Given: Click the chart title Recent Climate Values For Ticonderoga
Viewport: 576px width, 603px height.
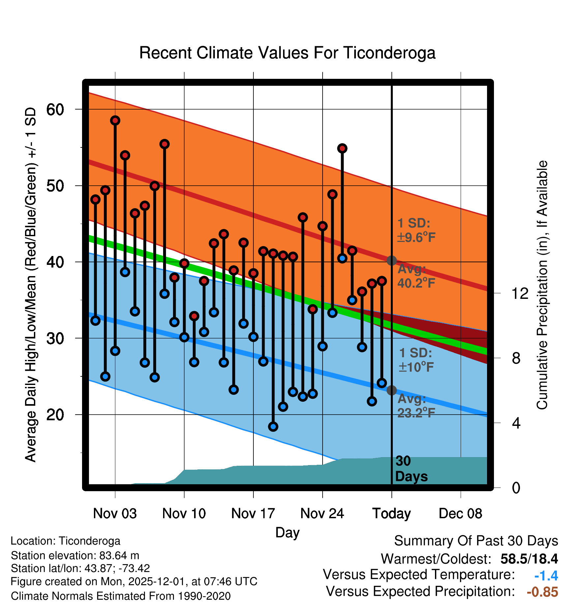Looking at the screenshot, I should pyautogui.click(x=287, y=53).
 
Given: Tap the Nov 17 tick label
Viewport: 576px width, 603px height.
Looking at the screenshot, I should pyautogui.click(x=253, y=513).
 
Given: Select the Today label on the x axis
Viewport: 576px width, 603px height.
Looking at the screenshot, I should pyautogui.click(x=391, y=513).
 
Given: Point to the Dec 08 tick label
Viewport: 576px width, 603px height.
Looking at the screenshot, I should pyautogui.click(x=460, y=513).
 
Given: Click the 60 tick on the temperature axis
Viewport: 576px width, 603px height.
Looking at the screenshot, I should pyautogui.click(x=55, y=110).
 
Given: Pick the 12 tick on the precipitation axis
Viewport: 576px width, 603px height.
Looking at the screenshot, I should pyautogui.click(x=520, y=293).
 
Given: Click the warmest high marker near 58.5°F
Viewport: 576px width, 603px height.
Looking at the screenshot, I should pyautogui.click(x=115, y=120).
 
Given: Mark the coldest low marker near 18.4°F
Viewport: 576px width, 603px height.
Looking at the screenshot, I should pyautogui.click(x=273, y=427).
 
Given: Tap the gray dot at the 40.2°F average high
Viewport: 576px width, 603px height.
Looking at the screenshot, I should pyautogui.click(x=391, y=261).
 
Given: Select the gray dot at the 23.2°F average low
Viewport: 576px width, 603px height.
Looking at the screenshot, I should pyautogui.click(x=391, y=390).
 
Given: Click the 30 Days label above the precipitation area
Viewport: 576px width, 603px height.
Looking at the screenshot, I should pyautogui.click(x=411, y=469).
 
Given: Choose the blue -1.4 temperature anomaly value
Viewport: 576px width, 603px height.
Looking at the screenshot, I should pyautogui.click(x=546, y=576).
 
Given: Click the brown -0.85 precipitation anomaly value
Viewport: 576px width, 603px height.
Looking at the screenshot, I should pyautogui.click(x=542, y=592).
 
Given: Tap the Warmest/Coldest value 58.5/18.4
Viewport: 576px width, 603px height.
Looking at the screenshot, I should pyautogui.click(x=529, y=559).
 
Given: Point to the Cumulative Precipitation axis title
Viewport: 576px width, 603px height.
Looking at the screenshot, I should pyautogui.click(x=542, y=285).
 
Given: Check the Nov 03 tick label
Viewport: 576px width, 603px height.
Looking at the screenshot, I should pyautogui.click(x=115, y=513).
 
